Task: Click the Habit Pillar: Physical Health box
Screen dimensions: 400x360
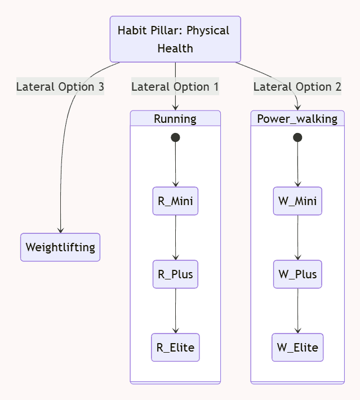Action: [x=175, y=39]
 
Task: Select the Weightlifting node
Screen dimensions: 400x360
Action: [x=60, y=247]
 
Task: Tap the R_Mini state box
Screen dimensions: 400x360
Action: [x=175, y=201]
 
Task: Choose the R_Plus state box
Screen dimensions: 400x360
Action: [x=175, y=274]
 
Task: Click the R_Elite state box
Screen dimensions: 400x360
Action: [x=175, y=348]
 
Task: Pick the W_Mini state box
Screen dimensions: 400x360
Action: [x=297, y=201]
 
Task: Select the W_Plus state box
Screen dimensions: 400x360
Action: [x=297, y=274]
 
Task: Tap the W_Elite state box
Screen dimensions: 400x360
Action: [x=297, y=348]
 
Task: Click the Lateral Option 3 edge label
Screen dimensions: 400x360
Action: [x=60, y=87]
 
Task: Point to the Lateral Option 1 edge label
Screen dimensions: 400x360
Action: [x=175, y=87]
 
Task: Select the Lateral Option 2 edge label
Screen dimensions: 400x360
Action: [x=297, y=87]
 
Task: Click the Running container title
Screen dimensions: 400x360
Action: [x=175, y=119]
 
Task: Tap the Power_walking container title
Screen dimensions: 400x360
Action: [x=297, y=119]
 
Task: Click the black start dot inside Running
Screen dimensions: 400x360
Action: [x=175, y=137]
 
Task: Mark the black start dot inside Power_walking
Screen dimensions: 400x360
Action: [x=297, y=137]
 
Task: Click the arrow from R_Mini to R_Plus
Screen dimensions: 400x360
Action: [x=175, y=237]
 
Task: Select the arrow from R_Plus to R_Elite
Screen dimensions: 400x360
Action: [x=175, y=310]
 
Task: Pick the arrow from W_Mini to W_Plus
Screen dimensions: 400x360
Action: [x=297, y=237]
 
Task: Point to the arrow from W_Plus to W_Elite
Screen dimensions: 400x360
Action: [x=297, y=310]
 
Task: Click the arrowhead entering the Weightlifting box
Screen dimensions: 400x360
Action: [x=60, y=230]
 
